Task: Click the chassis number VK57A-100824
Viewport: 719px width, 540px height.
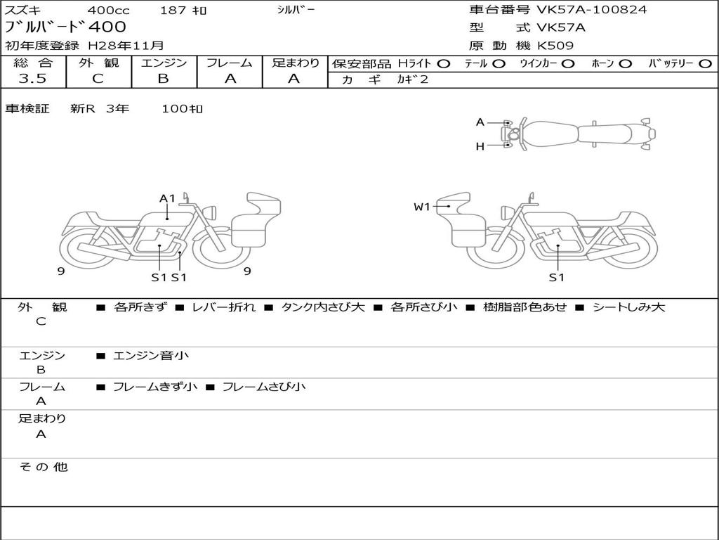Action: point(591,10)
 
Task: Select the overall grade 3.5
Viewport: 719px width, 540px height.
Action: point(32,78)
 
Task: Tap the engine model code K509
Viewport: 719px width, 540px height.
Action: point(555,46)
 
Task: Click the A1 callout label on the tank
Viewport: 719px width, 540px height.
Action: point(167,198)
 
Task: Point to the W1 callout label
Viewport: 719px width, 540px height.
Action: point(422,207)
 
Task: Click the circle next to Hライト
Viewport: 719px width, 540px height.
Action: point(444,64)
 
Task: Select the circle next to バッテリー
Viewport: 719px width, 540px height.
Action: point(705,64)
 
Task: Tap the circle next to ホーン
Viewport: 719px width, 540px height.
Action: point(625,64)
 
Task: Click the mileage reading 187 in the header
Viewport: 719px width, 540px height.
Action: point(173,10)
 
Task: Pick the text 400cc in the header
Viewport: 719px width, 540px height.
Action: point(108,10)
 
